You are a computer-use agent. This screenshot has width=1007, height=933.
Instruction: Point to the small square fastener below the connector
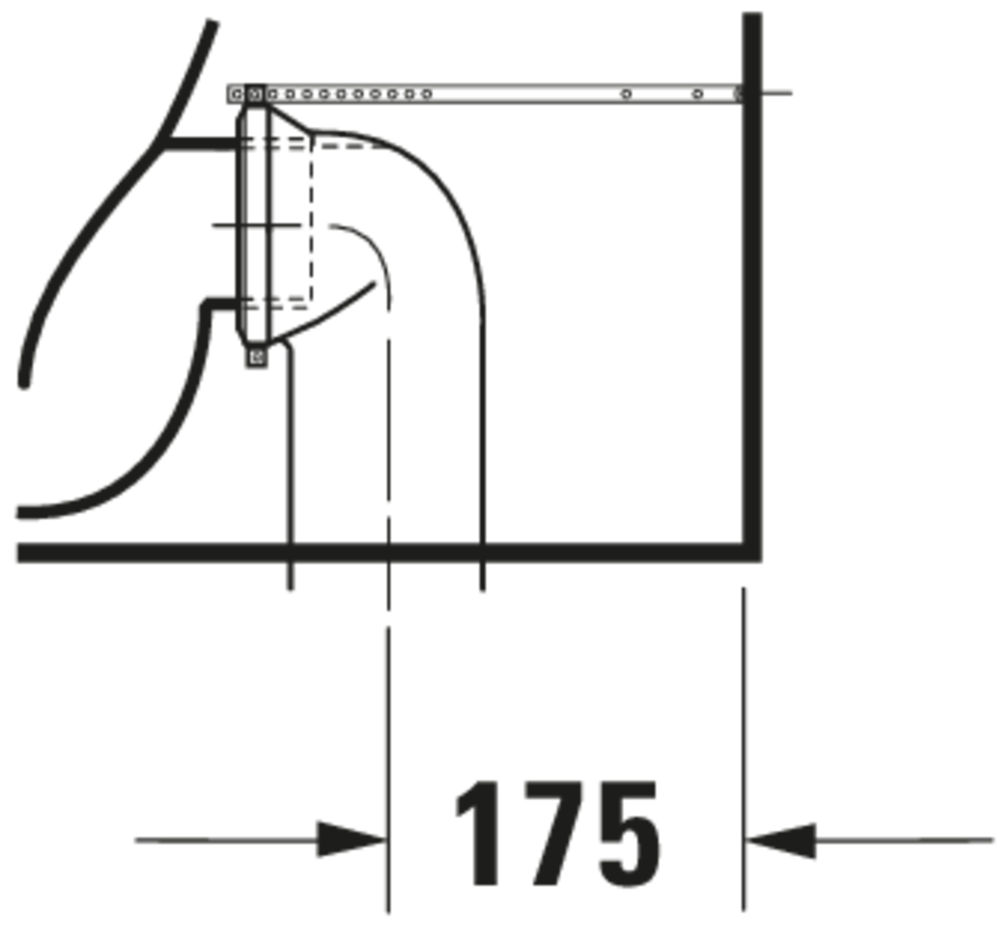click(256, 357)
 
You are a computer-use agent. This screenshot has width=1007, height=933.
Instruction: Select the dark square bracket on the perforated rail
click(255, 94)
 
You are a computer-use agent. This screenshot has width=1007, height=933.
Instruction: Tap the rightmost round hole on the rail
click(697, 94)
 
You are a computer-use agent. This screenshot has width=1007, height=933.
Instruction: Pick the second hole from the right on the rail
click(626, 94)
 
